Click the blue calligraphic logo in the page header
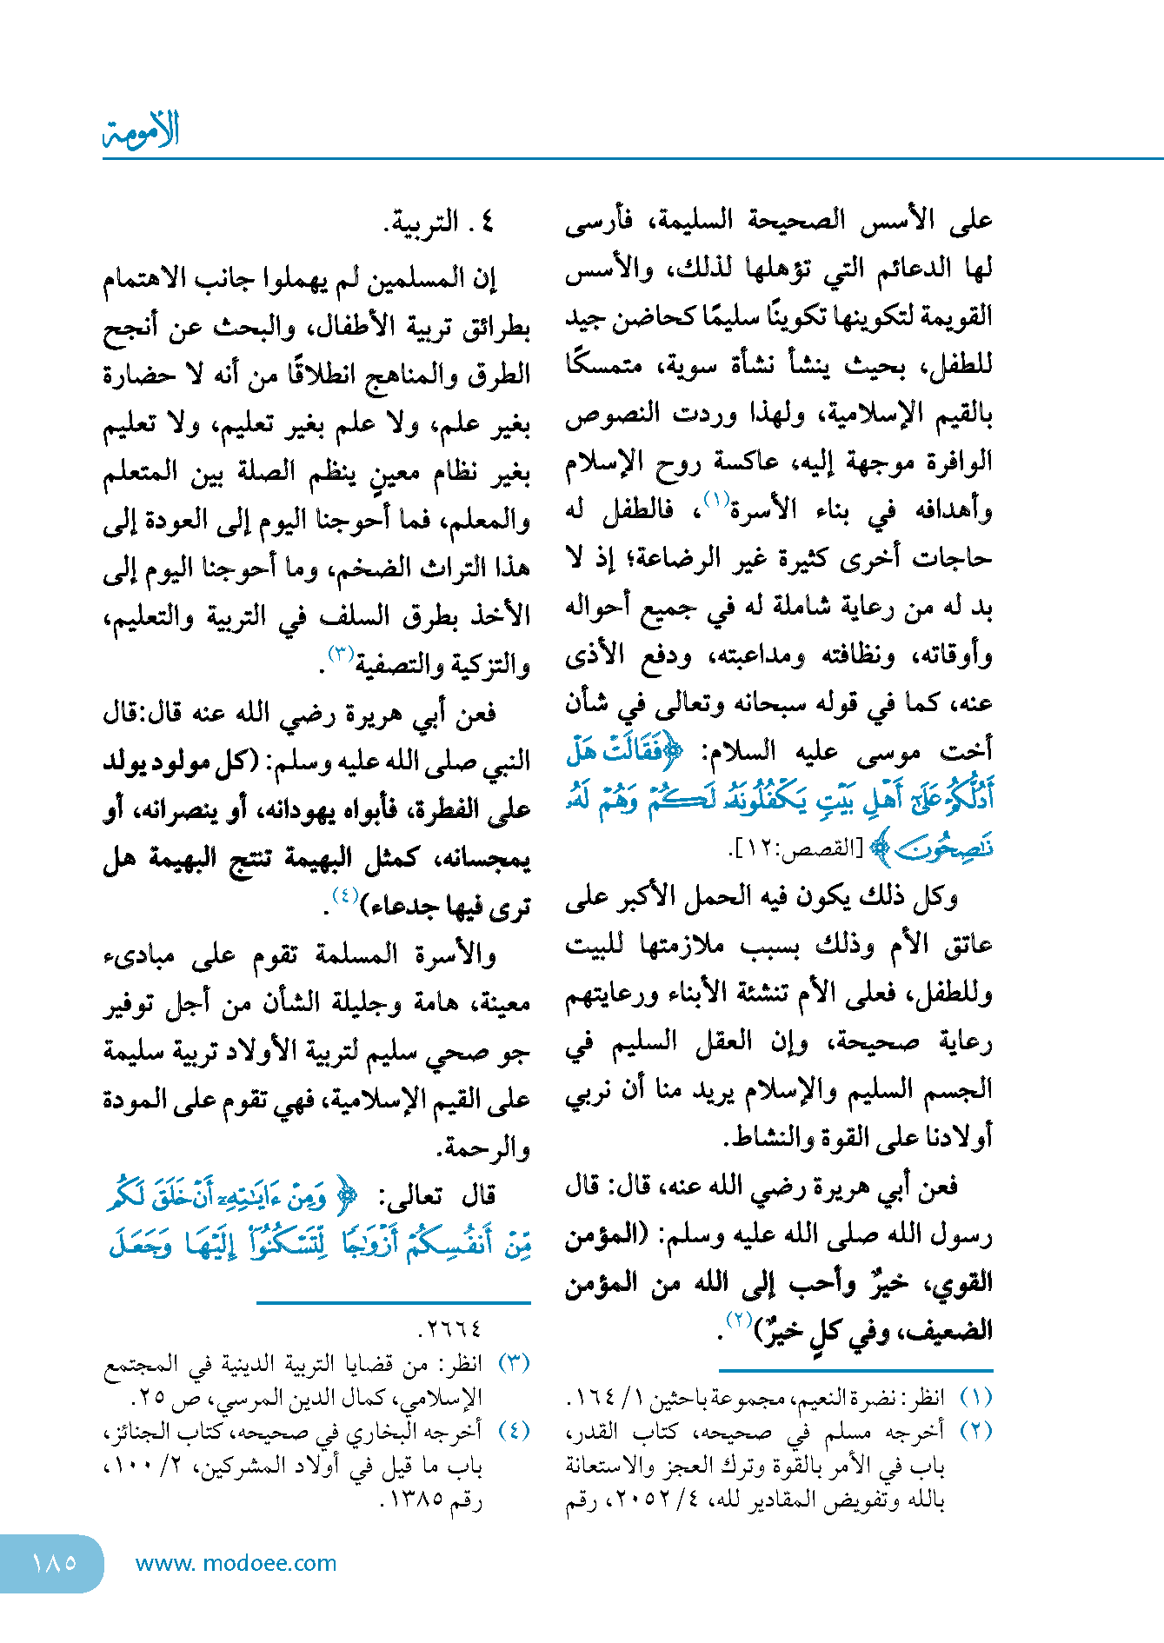141,131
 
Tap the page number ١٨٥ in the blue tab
54,1562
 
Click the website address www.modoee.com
236,1563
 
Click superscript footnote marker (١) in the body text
715,500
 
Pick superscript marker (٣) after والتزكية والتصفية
339,653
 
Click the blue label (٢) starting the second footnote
975,1432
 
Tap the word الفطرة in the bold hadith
442,810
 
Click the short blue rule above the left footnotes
393,1303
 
